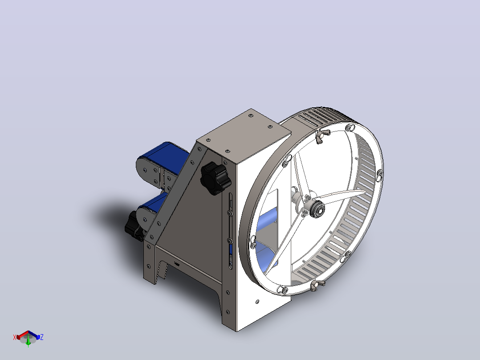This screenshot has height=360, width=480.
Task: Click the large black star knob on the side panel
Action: [x=216, y=178]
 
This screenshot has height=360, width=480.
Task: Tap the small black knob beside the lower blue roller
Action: [x=134, y=226]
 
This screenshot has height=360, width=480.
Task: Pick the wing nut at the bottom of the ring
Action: [x=317, y=286]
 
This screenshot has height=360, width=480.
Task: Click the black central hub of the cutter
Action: [x=317, y=209]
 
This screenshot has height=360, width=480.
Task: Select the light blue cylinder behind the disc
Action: [x=267, y=219]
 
